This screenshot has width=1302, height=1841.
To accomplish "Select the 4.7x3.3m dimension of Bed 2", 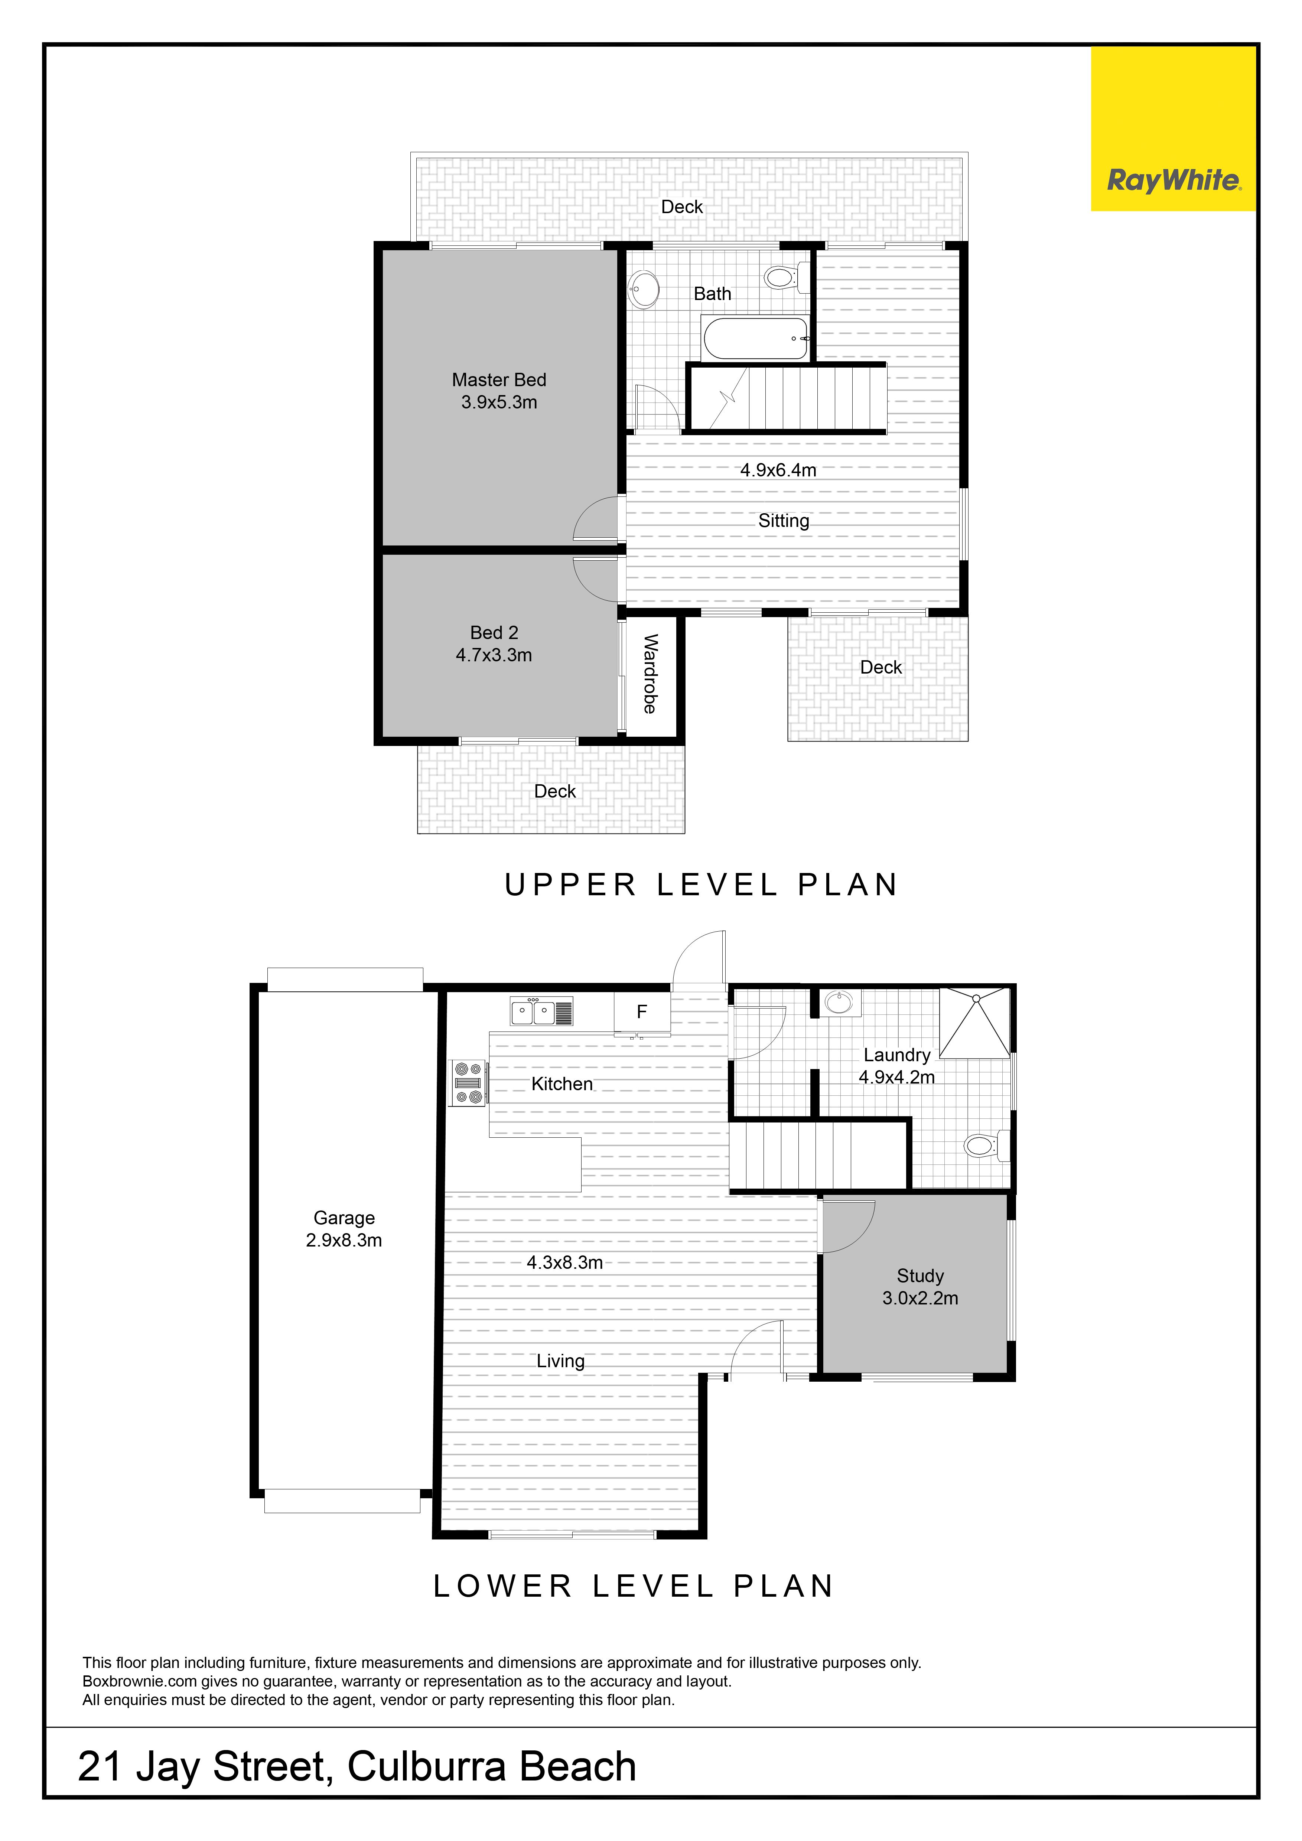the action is point(494,655).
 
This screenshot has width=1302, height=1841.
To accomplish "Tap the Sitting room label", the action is point(784,521).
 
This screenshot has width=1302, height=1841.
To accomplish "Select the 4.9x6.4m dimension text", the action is point(778,470).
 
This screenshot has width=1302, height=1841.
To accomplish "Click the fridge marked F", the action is point(641,1012).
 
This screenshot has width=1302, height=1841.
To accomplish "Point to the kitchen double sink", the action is point(541,1011).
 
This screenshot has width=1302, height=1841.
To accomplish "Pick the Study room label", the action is point(920,1276).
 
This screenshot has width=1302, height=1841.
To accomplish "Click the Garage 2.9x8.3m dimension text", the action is point(344,1241).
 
